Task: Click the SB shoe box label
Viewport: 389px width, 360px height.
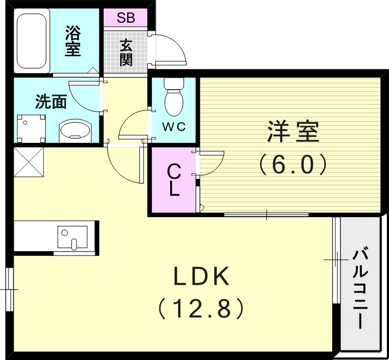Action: (x=125, y=18)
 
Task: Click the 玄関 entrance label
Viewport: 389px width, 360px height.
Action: (x=125, y=52)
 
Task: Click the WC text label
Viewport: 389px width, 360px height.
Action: (x=173, y=127)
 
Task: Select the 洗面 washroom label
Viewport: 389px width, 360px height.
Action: (x=51, y=102)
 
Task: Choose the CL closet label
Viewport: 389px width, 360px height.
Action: (x=173, y=181)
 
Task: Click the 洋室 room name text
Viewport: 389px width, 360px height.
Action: (x=293, y=132)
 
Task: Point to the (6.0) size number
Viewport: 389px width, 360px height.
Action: (x=293, y=165)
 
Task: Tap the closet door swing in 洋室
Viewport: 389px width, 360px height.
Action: (x=211, y=163)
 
